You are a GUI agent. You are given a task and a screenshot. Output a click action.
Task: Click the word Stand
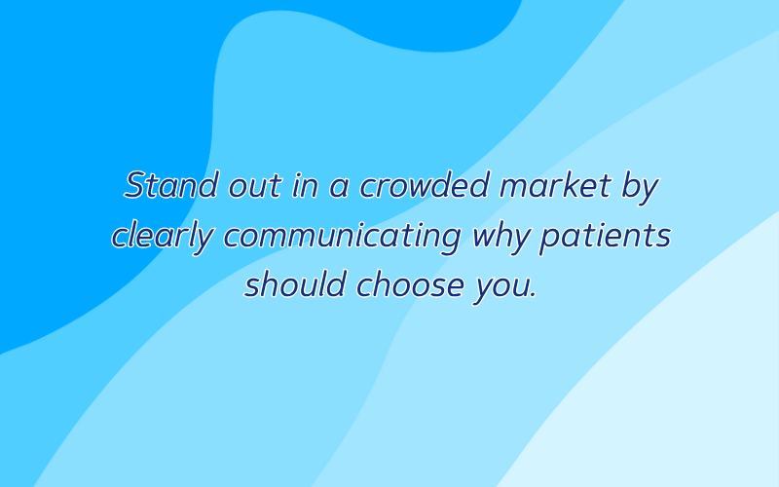171,185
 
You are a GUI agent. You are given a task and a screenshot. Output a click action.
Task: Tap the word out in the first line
255,187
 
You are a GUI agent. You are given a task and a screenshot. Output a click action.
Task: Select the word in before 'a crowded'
305,186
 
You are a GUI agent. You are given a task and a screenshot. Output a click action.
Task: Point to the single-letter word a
339,189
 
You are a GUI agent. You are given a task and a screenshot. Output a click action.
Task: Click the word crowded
424,185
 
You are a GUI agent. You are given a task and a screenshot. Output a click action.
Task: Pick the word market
555,186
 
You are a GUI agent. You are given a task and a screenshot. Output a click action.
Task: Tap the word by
641,188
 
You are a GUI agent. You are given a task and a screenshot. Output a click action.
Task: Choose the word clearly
163,238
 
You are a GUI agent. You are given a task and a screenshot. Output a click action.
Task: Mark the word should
295,284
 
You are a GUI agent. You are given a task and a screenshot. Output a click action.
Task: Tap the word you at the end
501,289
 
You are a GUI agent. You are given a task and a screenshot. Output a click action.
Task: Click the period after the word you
533,296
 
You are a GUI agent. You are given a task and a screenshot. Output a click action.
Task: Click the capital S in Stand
136,185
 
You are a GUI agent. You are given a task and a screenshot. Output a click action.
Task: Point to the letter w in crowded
427,189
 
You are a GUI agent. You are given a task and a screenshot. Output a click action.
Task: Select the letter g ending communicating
448,242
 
